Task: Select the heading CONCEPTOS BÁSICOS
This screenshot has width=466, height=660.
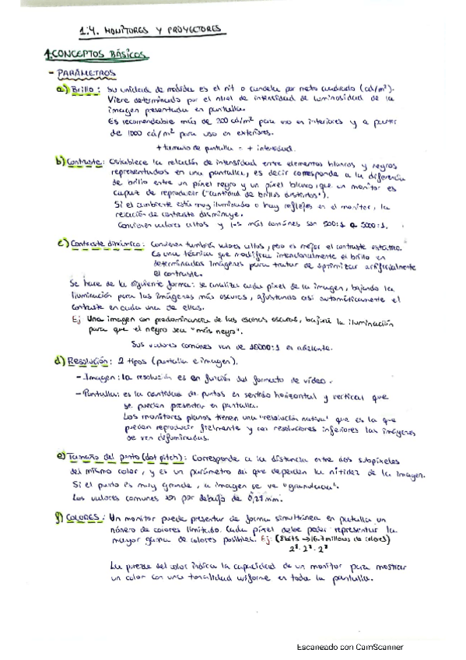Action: pos(95,55)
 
